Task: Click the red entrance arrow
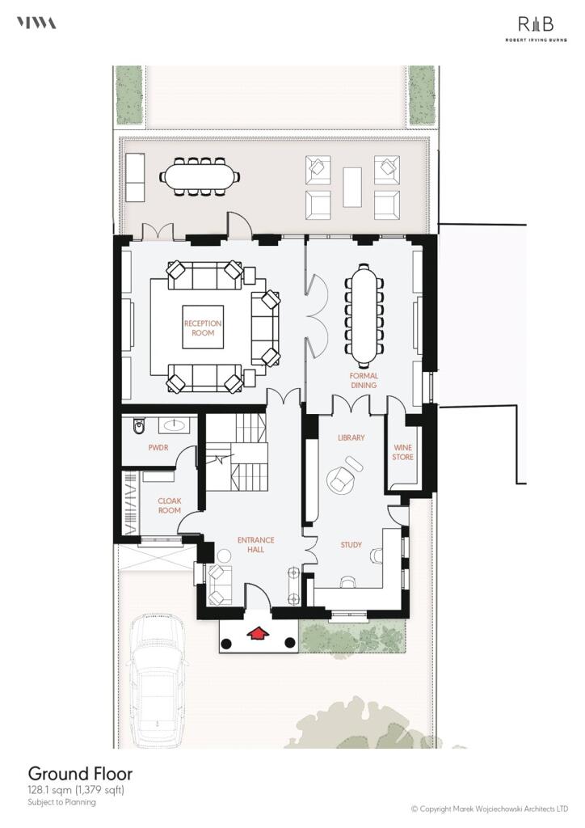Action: tap(259, 635)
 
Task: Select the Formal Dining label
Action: tap(364, 381)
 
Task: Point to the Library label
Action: tap(351, 437)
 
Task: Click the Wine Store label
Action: tap(402, 452)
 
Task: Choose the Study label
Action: tap(351, 544)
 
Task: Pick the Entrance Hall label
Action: tap(255, 545)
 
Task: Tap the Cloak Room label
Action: tap(169, 505)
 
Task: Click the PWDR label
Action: tap(158, 446)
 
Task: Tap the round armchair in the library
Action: tap(343, 477)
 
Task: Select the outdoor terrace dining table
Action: tap(201, 175)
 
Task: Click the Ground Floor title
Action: tap(80, 774)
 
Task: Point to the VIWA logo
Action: tap(36, 23)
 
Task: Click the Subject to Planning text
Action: tap(62, 802)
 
